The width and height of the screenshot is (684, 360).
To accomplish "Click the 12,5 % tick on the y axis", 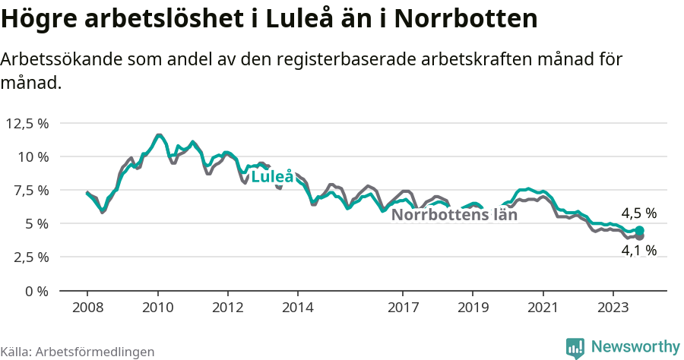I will click(x=27, y=123).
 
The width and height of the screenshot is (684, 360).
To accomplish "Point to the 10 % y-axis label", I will click(x=33, y=156).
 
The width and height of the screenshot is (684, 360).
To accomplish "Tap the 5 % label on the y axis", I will click(x=36, y=223).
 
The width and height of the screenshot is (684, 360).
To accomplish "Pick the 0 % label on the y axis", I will click(x=36, y=291).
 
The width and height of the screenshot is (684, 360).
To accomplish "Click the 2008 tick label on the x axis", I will click(x=87, y=308).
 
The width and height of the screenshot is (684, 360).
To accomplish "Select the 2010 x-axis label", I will click(x=157, y=308).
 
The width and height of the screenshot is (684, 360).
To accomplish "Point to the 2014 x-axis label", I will click(x=298, y=308).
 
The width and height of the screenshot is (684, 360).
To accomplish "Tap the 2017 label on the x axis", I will click(x=403, y=308).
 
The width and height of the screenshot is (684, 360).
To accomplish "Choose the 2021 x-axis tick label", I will click(x=543, y=308).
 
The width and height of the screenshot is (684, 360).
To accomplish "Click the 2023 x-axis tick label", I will click(x=613, y=308).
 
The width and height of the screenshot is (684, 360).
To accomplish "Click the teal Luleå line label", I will click(x=272, y=177).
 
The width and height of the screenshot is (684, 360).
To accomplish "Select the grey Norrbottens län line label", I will click(x=454, y=215).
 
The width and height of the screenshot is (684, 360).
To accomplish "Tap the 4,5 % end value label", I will click(x=638, y=213).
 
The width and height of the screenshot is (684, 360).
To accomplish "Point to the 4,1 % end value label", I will click(x=638, y=250).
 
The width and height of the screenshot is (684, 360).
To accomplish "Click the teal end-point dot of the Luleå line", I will click(x=639, y=230).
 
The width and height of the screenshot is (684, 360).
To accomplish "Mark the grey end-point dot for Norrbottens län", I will click(x=639, y=237).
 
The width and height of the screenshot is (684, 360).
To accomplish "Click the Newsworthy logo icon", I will click(x=575, y=347).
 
